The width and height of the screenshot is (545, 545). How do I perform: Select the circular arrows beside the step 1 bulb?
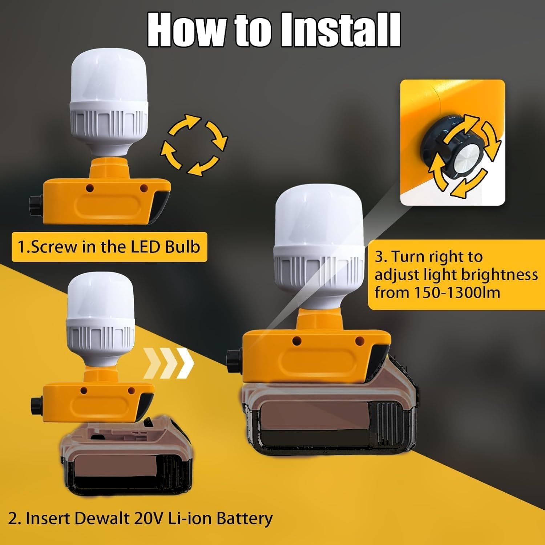click(194, 145)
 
